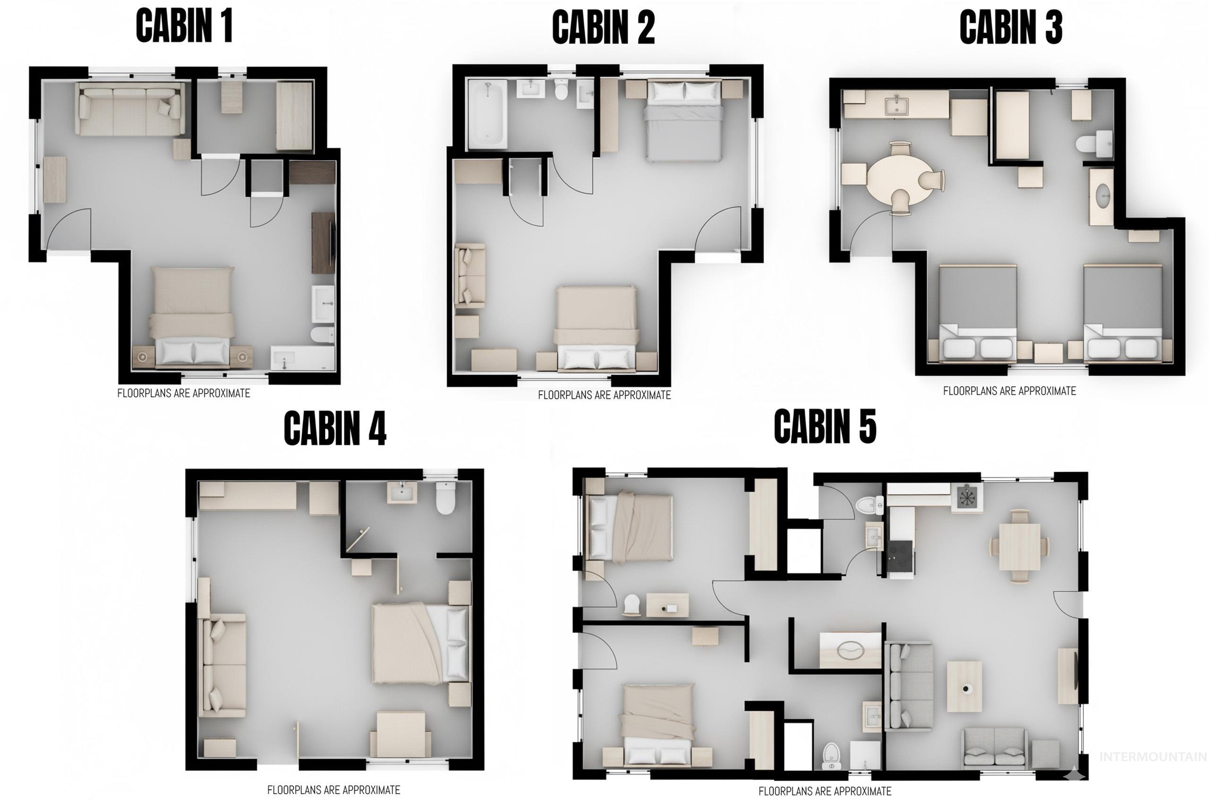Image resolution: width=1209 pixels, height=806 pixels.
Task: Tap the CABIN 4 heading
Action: [x=335, y=428]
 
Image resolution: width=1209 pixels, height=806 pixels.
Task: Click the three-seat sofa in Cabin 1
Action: [x=129, y=109]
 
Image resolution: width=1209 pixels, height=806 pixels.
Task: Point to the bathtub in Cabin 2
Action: [x=486, y=115]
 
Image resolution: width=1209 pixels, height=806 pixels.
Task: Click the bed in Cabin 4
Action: [x=421, y=644]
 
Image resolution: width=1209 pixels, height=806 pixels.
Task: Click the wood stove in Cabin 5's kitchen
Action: [x=966, y=497]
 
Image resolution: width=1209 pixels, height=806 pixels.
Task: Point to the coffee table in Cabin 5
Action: [x=964, y=687]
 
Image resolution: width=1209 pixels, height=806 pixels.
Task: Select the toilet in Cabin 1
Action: [x=322, y=335]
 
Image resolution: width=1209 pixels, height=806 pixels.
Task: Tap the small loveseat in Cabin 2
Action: [x=470, y=276]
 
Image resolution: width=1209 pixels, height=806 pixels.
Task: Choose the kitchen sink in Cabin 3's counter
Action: [x=896, y=106]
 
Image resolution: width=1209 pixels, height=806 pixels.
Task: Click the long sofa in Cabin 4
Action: [x=222, y=665]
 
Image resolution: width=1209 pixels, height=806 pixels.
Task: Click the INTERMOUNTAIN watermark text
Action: [x=1152, y=756]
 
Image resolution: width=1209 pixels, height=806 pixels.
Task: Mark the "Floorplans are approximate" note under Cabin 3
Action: [x=1009, y=391]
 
